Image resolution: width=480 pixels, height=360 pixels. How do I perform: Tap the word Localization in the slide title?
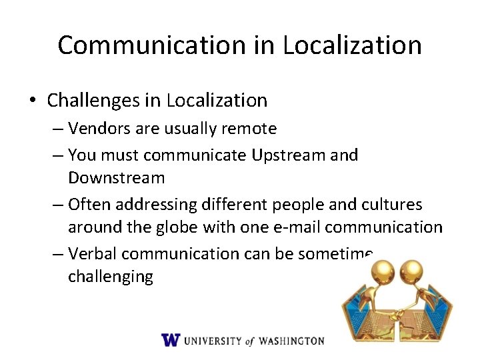click(352, 45)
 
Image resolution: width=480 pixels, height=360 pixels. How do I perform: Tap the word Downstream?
click(116, 178)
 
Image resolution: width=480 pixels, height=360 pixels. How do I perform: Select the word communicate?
click(195, 155)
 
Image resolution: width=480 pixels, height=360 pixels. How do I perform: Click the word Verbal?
click(93, 253)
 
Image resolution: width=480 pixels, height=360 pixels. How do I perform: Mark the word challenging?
click(110, 276)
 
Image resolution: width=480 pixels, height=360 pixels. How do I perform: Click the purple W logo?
click(171, 340)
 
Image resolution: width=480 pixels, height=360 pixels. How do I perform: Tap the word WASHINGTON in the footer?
click(291, 341)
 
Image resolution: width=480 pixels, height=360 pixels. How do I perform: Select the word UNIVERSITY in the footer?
click(213, 341)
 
